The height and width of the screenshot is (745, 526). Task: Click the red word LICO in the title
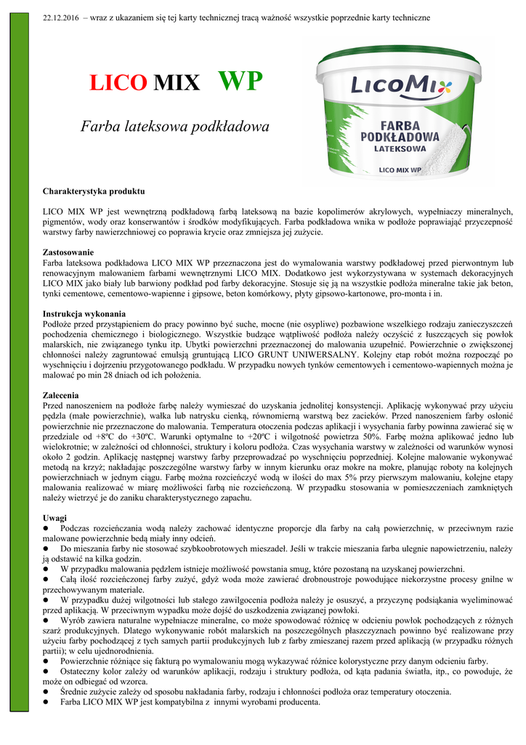pos(118,84)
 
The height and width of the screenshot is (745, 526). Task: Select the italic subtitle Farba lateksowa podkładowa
pos(174,127)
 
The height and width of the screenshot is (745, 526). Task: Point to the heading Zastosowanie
pos(68,252)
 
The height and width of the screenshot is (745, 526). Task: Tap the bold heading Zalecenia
pos(61,394)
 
